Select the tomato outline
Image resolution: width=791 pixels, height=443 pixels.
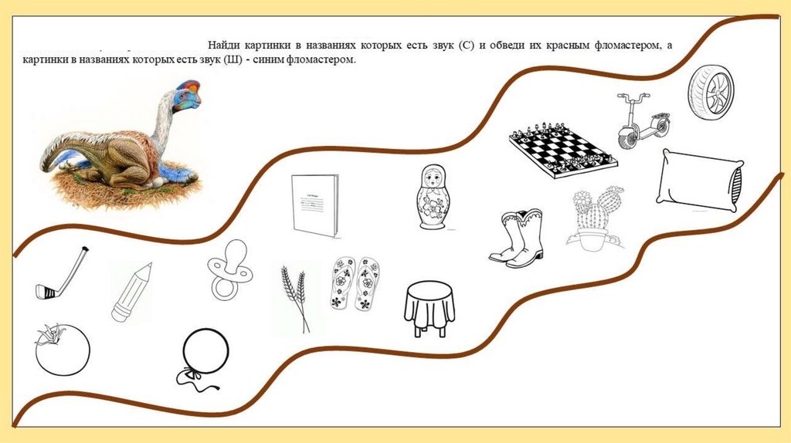point(62,350)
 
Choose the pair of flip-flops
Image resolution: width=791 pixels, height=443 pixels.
point(355,283)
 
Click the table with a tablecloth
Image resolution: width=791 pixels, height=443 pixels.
point(429,309)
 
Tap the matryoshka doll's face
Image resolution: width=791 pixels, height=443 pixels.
point(433,178)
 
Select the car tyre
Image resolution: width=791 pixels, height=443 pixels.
point(711,93)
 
